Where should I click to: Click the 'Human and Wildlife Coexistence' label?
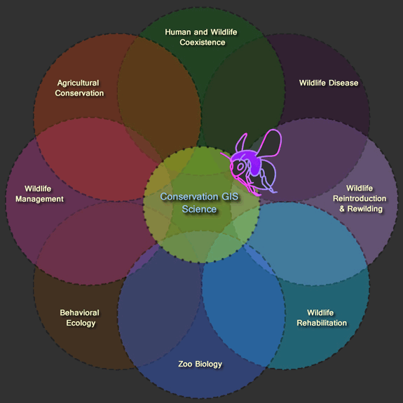[x=201, y=37]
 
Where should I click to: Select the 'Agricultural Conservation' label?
[x=79, y=88]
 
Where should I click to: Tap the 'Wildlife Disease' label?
[x=329, y=83]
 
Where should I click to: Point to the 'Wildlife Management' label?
[x=39, y=193]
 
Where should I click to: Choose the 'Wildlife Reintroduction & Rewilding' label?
[x=360, y=198]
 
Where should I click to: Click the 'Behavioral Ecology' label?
[x=80, y=318]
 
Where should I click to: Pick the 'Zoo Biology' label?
[x=200, y=364]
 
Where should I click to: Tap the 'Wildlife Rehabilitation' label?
[x=322, y=318]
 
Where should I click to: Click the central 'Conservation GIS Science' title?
[x=199, y=203]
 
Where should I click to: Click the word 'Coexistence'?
[x=203, y=42]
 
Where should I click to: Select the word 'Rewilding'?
[x=365, y=209]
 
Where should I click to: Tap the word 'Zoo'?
[x=185, y=364]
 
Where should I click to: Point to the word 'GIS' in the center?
[x=230, y=197]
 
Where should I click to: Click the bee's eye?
[x=240, y=167]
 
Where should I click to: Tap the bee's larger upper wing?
[x=270, y=143]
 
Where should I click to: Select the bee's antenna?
[x=226, y=156]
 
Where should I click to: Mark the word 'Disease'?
[x=343, y=83]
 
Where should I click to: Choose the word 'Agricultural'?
[x=78, y=83]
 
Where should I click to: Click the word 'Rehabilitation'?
[x=322, y=323]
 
